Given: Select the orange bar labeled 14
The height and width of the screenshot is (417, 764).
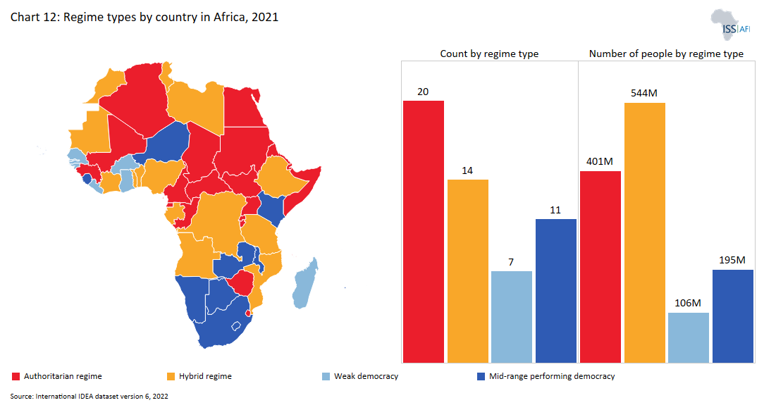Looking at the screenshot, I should (x=468, y=270).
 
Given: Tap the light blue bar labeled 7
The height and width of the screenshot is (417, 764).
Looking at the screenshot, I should (x=512, y=316).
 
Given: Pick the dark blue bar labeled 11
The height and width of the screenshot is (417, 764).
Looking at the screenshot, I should (x=556, y=290).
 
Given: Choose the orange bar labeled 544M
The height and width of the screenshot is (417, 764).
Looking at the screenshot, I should (x=644, y=232).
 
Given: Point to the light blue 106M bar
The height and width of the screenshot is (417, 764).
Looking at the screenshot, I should (x=689, y=337).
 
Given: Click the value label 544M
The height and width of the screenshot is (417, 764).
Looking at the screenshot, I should (x=644, y=93).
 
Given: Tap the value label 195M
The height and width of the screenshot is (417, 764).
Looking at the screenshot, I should (x=732, y=260).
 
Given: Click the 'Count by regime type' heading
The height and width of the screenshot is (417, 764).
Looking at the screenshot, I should (x=489, y=54).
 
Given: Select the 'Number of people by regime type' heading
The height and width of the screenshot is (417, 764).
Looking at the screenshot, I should (x=666, y=54).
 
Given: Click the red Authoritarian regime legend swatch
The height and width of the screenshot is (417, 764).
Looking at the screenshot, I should (x=16, y=376).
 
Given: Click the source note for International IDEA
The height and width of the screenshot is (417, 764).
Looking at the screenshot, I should (x=89, y=397).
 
